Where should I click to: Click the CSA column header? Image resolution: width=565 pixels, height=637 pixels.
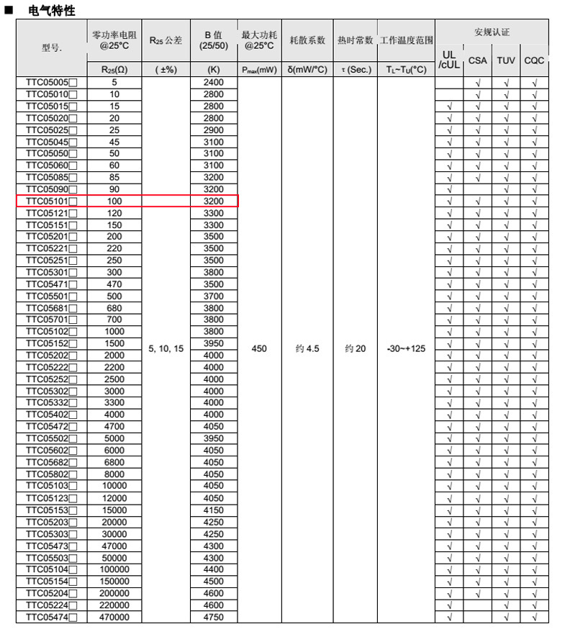click(477, 60)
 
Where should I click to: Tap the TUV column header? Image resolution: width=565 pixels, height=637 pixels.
click(506, 60)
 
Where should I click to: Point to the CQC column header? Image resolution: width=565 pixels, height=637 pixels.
click(534, 60)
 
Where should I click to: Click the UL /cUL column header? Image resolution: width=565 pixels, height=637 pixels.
click(449, 60)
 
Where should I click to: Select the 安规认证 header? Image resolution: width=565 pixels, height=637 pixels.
click(492, 33)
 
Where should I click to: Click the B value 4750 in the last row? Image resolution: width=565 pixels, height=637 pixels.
click(214, 617)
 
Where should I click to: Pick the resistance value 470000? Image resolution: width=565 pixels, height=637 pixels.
click(114, 617)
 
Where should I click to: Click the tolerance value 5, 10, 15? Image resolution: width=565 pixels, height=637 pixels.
click(166, 348)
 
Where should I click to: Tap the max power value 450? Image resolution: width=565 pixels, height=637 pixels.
click(259, 348)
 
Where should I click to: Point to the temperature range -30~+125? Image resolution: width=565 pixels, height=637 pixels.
click(406, 348)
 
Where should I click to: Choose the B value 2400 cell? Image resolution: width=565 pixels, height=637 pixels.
click(214, 83)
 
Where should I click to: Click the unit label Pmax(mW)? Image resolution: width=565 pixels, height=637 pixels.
click(259, 70)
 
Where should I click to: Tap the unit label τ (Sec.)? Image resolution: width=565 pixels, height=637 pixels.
click(355, 70)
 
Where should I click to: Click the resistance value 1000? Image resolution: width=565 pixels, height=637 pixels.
click(114, 332)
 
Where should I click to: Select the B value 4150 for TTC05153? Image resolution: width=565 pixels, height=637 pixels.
click(214, 510)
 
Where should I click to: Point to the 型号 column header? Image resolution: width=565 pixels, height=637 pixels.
click(51, 48)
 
